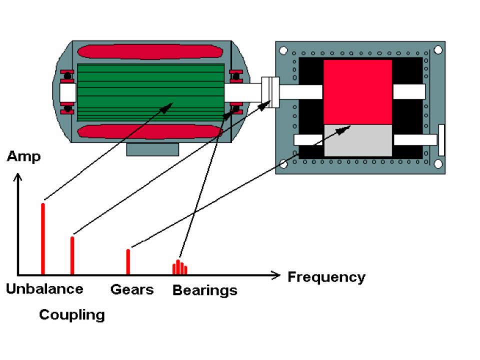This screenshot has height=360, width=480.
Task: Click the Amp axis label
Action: click(23, 156)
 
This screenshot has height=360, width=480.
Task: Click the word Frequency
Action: click(326, 276)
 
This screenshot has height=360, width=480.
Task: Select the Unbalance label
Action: click(44, 288)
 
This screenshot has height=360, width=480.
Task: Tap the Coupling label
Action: click(72, 314)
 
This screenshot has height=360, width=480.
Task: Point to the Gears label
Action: click(132, 289)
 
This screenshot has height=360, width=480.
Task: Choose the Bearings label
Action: click(204, 290)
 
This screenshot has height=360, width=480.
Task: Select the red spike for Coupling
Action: click(72, 255)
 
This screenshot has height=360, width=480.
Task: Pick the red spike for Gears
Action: click(128, 261)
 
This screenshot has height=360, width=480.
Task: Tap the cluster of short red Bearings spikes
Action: click(179, 268)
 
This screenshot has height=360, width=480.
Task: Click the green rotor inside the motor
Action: click(150, 92)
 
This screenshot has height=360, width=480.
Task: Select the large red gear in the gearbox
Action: click(357, 91)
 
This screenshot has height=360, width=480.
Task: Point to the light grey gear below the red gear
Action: click(357, 140)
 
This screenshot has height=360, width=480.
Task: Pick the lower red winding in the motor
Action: click(150, 131)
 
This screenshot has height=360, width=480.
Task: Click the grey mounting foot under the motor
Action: click(152, 148)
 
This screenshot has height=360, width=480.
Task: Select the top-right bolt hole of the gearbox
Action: click(437, 49)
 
